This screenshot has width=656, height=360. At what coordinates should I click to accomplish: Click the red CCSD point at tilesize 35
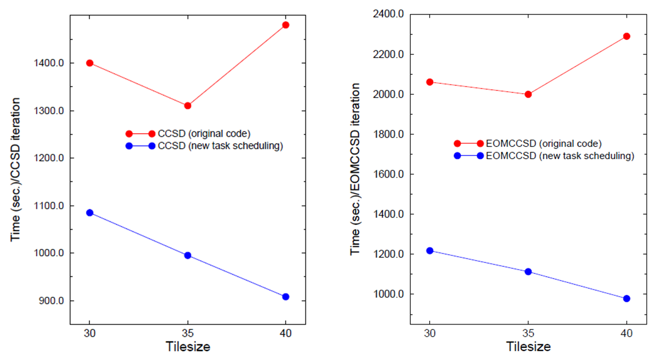[187, 105]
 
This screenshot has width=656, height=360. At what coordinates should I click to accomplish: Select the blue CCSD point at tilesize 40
[286, 297]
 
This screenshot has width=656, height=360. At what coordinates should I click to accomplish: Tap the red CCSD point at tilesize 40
[286, 25]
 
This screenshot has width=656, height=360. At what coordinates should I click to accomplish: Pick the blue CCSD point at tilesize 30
[90, 212]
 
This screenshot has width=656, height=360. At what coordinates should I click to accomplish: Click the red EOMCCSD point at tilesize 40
[627, 36]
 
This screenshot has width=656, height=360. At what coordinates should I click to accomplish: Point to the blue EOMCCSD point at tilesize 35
[528, 272]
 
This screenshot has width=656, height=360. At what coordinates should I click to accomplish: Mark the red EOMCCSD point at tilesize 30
[429, 82]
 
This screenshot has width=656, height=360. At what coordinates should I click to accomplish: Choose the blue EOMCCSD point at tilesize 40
[627, 298]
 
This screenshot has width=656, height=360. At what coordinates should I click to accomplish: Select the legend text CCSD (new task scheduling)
[220, 146]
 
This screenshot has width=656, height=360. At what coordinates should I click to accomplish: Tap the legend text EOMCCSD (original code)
[543, 144]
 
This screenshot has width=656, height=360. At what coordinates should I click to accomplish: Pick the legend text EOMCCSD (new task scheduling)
[560, 156]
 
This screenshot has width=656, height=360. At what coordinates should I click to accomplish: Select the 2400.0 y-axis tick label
[387, 14]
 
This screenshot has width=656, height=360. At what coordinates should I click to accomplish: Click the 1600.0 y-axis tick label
[387, 174]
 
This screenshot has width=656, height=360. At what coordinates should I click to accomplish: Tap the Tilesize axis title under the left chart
[187, 347]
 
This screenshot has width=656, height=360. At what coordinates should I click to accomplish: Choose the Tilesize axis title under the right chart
[528, 347]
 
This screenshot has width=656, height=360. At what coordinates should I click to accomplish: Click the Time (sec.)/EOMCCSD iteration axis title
[355, 169]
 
